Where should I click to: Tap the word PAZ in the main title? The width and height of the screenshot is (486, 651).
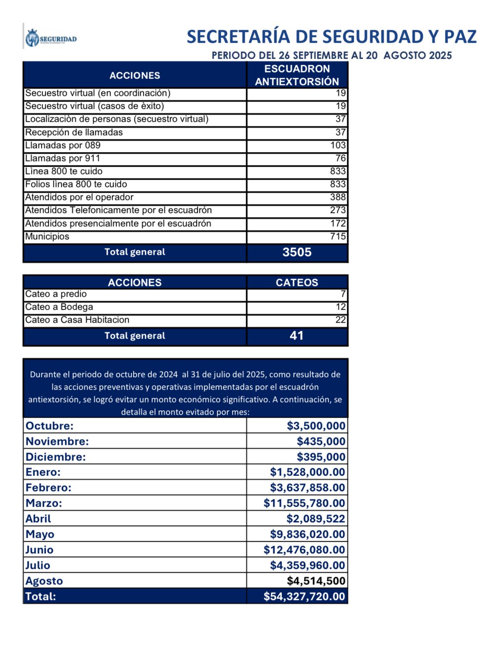pyautogui.click(x=461, y=37)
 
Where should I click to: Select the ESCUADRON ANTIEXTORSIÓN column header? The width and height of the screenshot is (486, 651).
pyautogui.click(x=297, y=75)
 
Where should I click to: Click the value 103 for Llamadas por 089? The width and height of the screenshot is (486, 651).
pyautogui.click(x=338, y=145)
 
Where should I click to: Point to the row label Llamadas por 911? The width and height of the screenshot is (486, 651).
pyautogui.click(x=63, y=158)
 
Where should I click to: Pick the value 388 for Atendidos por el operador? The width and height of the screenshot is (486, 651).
pyautogui.click(x=338, y=197)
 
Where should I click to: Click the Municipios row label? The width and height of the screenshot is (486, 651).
pyautogui.click(x=47, y=236)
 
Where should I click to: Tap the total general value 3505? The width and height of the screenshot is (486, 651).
pyautogui.click(x=297, y=252)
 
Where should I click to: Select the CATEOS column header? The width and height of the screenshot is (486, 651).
pyautogui.click(x=297, y=283)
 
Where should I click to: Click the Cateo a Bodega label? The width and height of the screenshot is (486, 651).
pyautogui.click(x=59, y=307)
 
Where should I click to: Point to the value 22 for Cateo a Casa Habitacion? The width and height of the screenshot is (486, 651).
pyautogui.click(x=340, y=320)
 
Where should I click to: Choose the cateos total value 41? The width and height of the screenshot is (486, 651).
pyautogui.click(x=297, y=336)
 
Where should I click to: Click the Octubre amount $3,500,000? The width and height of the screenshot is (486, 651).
pyautogui.click(x=316, y=426)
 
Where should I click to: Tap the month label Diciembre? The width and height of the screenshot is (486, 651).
pyautogui.click(x=56, y=457)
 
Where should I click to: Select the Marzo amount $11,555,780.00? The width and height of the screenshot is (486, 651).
pyautogui.click(x=304, y=503)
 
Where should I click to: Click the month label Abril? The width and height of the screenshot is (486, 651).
pyautogui.click(x=38, y=519)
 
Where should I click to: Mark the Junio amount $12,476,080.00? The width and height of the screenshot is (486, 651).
pyautogui.click(x=304, y=550)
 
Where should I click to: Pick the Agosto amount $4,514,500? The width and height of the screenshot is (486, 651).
pyautogui.click(x=316, y=581)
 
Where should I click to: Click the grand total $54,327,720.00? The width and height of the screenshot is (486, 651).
pyautogui.click(x=304, y=597)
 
